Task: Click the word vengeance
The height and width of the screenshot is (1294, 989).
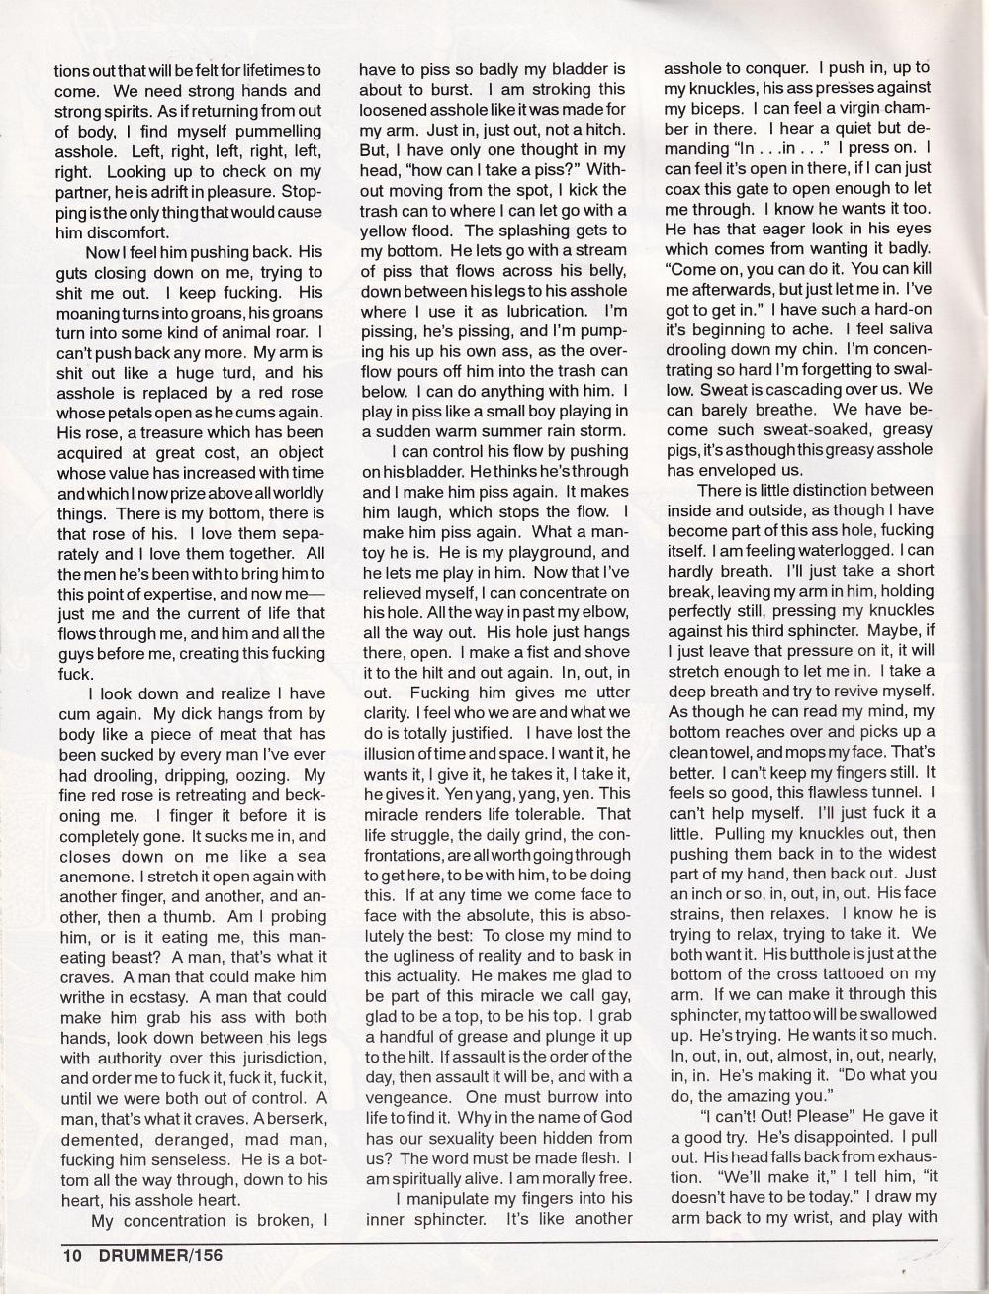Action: (x=406, y=1098)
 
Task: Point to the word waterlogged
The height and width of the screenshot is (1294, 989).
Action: (x=842, y=551)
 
